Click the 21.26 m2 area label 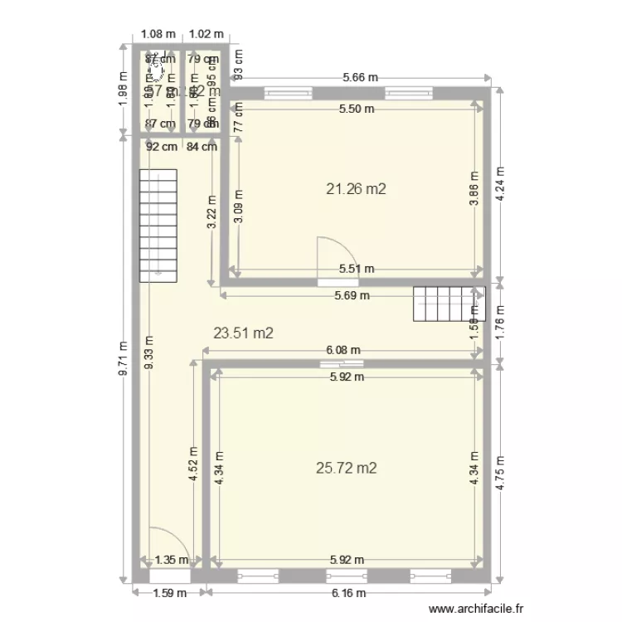click(x=357, y=189)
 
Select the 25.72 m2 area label click(x=347, y=469)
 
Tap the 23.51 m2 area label click(x=244, y=333)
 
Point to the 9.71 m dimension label click(x=123, y=360)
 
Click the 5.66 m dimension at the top click(x=361, y=78)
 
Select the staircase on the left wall click(x=158, y=225)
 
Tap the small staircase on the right click(x=448, y=304)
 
